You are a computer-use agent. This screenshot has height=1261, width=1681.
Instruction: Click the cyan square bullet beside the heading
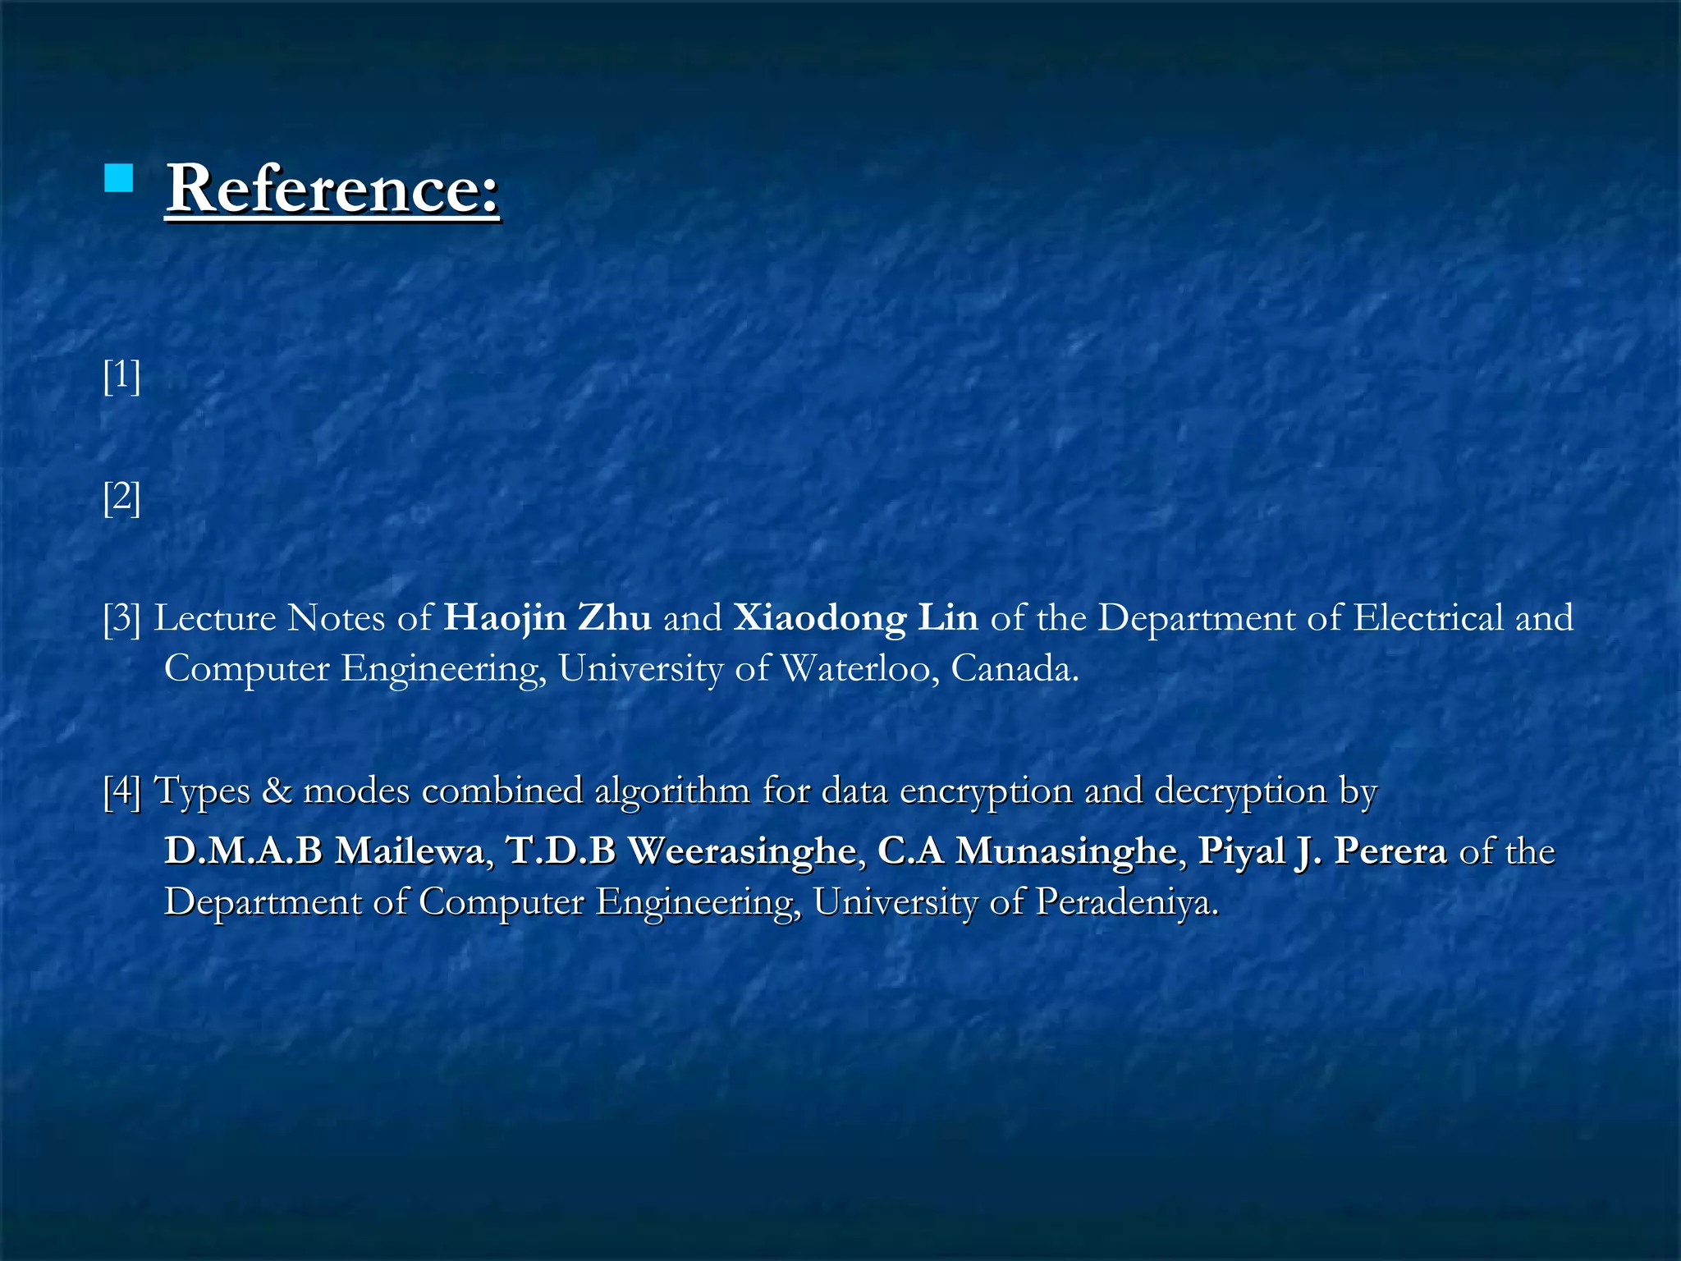[x=119, y=178]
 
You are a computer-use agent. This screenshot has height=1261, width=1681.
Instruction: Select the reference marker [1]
[x=121, y=376]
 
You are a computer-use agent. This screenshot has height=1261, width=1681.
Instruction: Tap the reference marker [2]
[x=121, y=498]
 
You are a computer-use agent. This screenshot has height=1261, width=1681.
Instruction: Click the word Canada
[x=1014, y=669]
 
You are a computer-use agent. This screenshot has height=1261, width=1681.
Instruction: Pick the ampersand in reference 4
[x=277, y=791]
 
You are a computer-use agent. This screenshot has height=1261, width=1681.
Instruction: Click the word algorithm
[x=672, y=791]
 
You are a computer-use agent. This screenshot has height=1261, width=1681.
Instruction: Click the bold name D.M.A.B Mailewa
[x=325, y=851]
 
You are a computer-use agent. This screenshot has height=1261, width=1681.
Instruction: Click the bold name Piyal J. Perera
[x=1321, y=851]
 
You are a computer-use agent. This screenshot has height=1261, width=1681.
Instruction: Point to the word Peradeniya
[x=1126, y=902]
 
